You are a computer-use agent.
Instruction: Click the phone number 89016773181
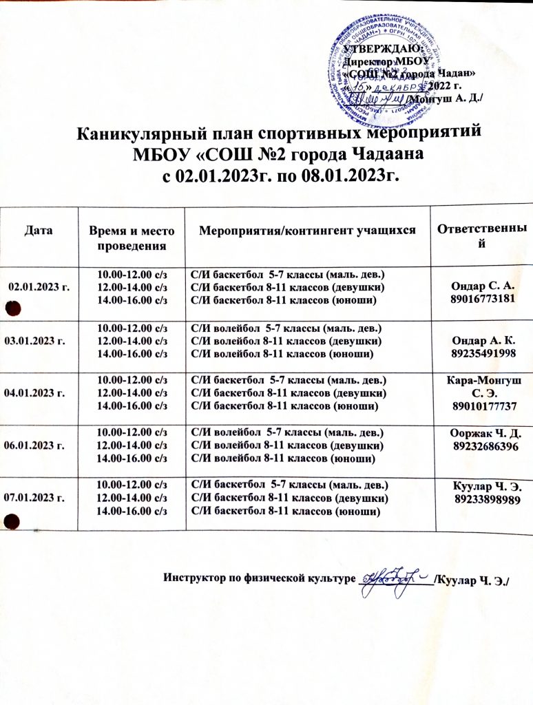point(480,298)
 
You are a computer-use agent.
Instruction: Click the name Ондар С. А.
point(480,284)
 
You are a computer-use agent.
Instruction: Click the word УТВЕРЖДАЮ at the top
point(377,48)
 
